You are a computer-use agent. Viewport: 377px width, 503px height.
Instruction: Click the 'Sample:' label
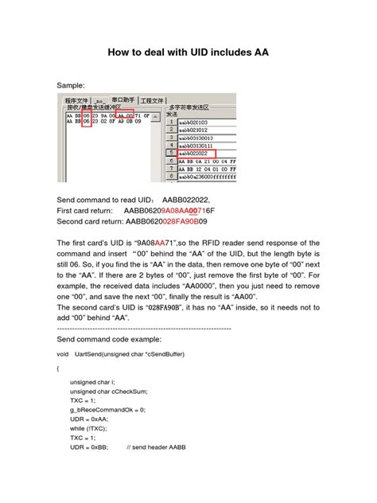click(x=74, y=84)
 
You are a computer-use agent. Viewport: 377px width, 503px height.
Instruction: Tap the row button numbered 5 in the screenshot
click(x=170, y=151)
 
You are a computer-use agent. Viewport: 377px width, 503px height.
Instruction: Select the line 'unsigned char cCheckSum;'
click(x=109, y=392)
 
